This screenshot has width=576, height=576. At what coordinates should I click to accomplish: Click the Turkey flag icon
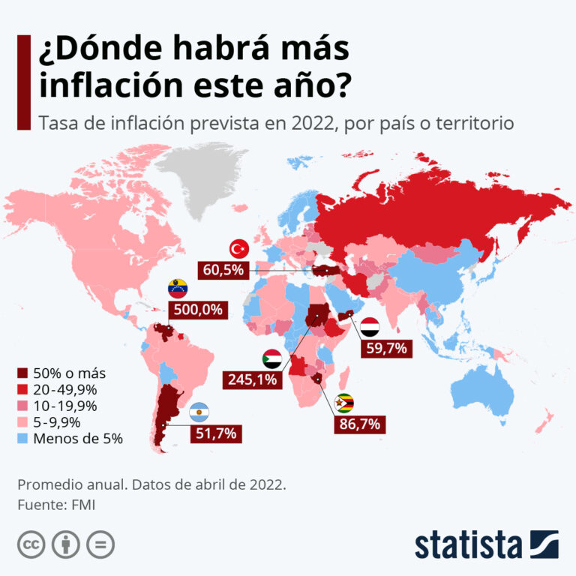pyautogui.click(x=238, y=248)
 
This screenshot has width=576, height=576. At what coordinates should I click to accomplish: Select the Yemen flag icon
pyautogui.click(x=370, y=327)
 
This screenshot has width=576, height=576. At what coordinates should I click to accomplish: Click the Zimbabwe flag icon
pyautogui.click(x=345, y=403)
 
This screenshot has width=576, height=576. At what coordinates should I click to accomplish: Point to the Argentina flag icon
pyautogui.click(x=199, y=412)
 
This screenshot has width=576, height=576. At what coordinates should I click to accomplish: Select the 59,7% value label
pyautogui.click(x=385, y=349)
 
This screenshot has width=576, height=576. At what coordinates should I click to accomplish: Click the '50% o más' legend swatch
pyautogui.click(x=22, y=373)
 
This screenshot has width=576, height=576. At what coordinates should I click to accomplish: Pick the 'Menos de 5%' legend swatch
pyautogui.click(x=22, y=439)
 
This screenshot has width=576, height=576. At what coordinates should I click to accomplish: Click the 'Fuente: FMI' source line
pyautogui.click(x=56, y=505)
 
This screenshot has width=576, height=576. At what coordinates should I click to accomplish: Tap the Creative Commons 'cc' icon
pyautogui.click(x=31, y=544)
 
